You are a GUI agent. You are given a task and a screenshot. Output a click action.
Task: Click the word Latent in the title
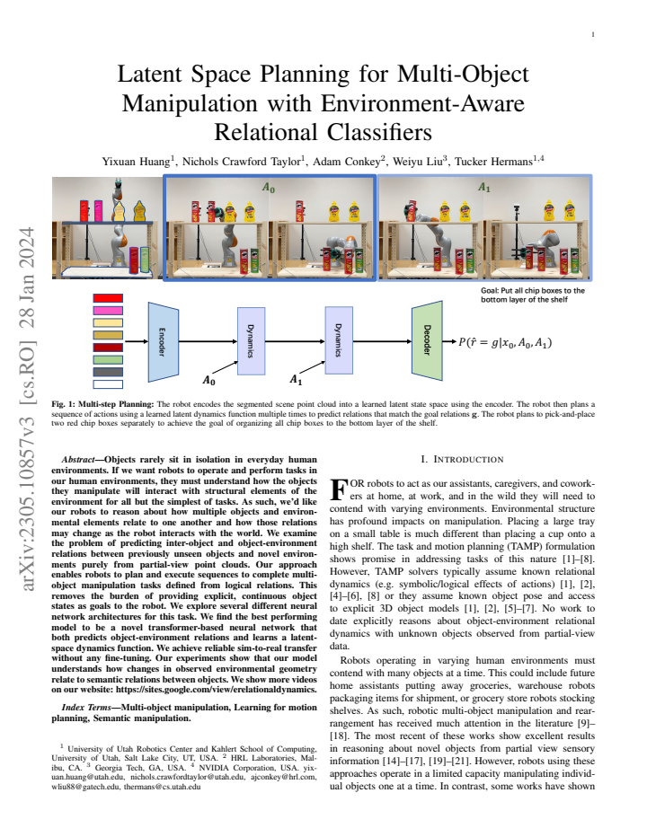click(150, 74)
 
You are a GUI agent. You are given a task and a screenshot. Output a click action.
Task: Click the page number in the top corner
click(593, 35)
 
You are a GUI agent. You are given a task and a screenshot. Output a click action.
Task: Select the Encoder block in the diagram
click(163, 341)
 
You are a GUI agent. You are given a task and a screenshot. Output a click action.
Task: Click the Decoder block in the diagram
click(427, 340)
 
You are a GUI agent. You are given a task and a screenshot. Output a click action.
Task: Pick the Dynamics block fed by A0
click(251, 340)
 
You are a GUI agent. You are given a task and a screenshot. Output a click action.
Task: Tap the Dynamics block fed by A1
click(339, 340)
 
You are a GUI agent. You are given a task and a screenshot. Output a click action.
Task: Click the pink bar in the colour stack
click(108, 310)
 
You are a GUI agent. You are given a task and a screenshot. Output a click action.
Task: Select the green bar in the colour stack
click(108, 360)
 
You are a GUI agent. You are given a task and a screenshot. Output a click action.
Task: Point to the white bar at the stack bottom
click(108, 384)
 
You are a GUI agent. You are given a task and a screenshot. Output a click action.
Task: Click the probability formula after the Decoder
click(505, 342)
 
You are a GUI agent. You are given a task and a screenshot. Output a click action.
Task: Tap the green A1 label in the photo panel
click(484, 188)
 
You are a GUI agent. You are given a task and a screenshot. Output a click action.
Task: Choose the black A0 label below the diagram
click(208, 381)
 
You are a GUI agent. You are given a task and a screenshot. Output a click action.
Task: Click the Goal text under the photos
click(533, 295)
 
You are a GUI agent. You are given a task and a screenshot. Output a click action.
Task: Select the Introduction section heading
click(462, 460)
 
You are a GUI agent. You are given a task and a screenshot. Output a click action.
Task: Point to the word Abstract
click(78, 460)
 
